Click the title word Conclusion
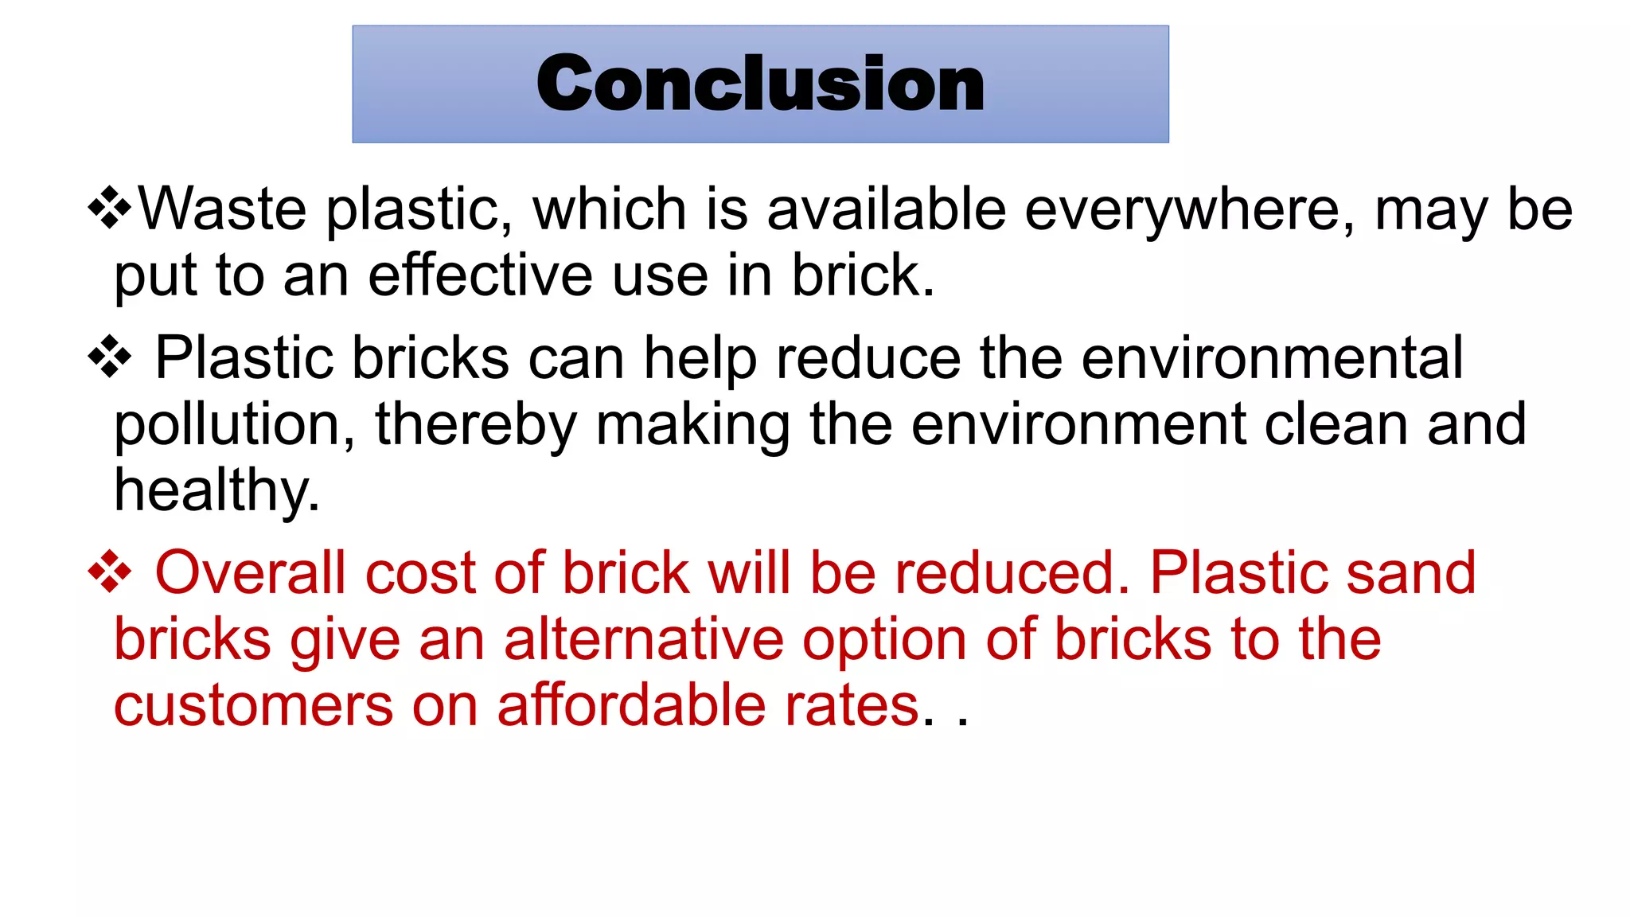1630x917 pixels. (760, 84)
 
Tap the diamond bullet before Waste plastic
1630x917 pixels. (110, 209)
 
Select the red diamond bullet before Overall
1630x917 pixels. (110, 572)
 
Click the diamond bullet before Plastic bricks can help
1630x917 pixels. (110, 357)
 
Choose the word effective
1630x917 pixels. (481, 275)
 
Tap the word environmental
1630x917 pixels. (1272, 357)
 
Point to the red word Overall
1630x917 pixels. (250, 572)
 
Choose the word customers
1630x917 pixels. (253, 706)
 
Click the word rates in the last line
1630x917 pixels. (858, 706)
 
